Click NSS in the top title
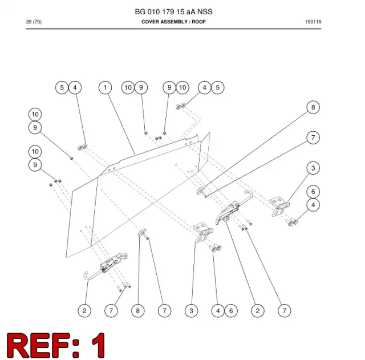click(x=205, y=11)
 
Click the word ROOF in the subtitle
click(x=198, y=22)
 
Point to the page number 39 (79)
click(x=34, y=22)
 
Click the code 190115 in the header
click(x=313, y=22)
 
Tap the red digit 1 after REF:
click(x=99, y=345)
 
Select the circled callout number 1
click(x=105, y=87)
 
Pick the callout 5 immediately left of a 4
click(x=62, y=87)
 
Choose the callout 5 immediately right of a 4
click(x=218, y=87)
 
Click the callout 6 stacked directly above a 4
click(x=313, y=192)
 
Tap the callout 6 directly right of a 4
click(x=231, y=310)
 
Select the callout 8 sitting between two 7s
click(x=138, y=310)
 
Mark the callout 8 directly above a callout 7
click(x=313, y=107)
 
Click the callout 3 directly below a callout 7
click(x=313, y=168)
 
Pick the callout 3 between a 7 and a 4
click(x=192, y=310)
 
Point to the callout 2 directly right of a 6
click(x=258, y=310)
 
